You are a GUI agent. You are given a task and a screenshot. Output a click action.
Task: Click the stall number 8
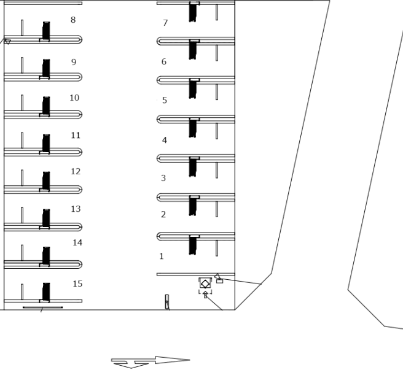coord(73,20)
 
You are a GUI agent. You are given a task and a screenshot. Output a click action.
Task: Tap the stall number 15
coord(77,283)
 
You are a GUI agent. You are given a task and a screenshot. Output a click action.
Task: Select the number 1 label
coord(162,256)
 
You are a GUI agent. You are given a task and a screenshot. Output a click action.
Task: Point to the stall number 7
coord(165,23)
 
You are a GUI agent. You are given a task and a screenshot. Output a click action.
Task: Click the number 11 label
coord(76,136)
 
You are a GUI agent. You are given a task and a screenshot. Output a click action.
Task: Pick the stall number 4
coord(165,140)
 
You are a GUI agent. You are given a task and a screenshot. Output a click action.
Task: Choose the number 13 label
coord(76,209)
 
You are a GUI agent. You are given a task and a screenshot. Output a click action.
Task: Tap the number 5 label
coord(165,100)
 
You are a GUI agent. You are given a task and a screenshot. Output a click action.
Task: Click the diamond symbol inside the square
coord(205,284)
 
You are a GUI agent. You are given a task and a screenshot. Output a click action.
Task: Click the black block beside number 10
coord(46,106)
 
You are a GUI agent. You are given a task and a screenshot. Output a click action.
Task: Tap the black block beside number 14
coord(46,256)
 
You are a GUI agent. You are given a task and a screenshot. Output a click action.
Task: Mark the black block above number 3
coord(193,168)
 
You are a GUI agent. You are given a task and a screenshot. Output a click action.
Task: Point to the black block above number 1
coord(193,245)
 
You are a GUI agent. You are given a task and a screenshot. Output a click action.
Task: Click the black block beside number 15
coord(46,291)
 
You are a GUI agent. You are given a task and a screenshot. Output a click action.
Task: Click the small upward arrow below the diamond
coord(205,295)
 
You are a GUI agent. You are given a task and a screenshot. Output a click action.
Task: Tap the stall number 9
coord(74,62)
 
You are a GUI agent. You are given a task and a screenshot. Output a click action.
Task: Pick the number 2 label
coord(163,214)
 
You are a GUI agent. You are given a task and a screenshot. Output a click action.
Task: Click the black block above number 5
coord(193,89)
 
